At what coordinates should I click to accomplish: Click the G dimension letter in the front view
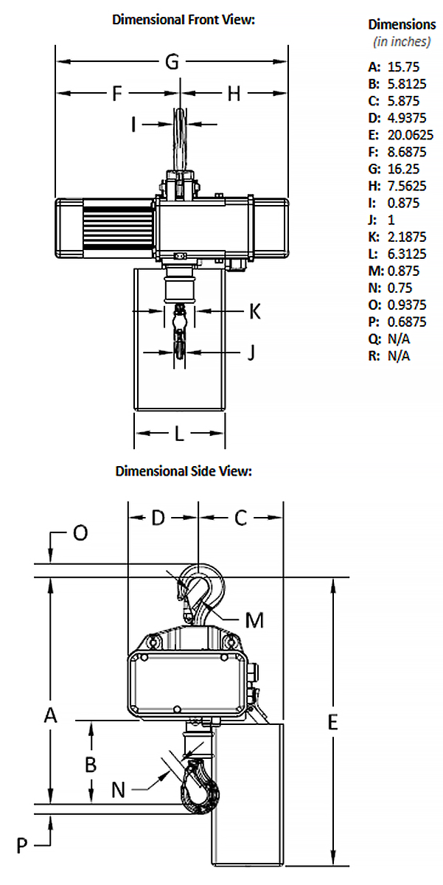pos(172,62)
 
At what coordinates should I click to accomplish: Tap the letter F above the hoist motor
pos(117,94)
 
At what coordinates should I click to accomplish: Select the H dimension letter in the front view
pos(234,94)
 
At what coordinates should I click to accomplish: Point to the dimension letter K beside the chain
pos(255,311)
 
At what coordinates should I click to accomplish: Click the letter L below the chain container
pos(179,434)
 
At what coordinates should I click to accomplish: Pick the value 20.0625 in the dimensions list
pos(411,135)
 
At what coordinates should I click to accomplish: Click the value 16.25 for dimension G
pos(403,169)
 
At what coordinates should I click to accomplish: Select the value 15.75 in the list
pos(403,67)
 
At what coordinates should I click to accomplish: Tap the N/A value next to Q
pos(399,339)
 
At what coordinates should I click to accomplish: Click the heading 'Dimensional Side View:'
pos(184,471)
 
